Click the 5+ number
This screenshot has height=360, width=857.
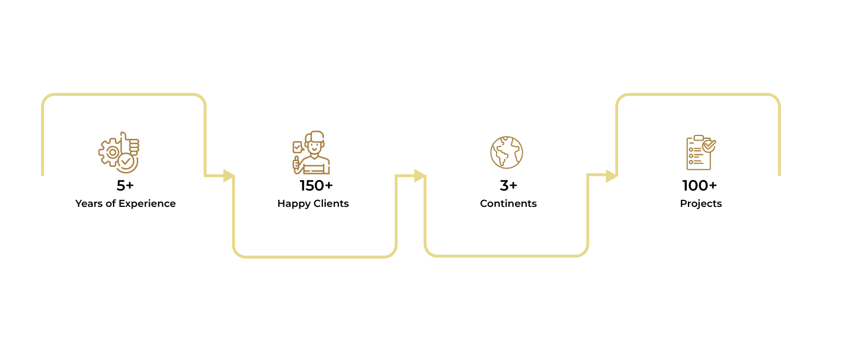pyautogui.click(x=125, y=186)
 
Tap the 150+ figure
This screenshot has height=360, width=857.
pyautogui.click(x=317, y=186)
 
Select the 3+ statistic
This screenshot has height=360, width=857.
pyautogui.click(x=508, y=186)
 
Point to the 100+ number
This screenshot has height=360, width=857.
pyautogui.click(x=699, y=186)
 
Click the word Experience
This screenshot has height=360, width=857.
pyautogui.click(x=147, y=204)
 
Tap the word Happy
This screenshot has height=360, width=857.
pyautogui.click(x=293, y=204)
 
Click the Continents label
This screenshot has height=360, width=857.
pyautogui.click(x=508, y=203)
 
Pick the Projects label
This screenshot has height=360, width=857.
pyautogui.click(x=701, y=204)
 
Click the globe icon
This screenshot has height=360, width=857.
pyautogui.click(x=507, y=152)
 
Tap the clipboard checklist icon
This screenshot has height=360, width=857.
pyautogui.click(x=701, y=152)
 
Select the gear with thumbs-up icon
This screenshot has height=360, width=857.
pyautogui.click(x=119, y=152)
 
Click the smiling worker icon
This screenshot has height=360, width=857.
pyautogui.click(x=311, y=152)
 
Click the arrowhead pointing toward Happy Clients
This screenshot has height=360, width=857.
pyautogui.click(x=229, y=175)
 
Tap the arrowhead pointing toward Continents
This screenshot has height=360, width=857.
pyautogui.click(x=420, y=175)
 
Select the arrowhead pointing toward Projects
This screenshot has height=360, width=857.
pyautogui.click(x=611, y=176)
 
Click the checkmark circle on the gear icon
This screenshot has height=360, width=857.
pyautogui.click(x=127, y=163)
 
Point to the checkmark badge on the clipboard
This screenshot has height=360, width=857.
pyautogui.click(x=709, y=145)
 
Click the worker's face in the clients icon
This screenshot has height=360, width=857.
pyautogui.click(x=314, y=146)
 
